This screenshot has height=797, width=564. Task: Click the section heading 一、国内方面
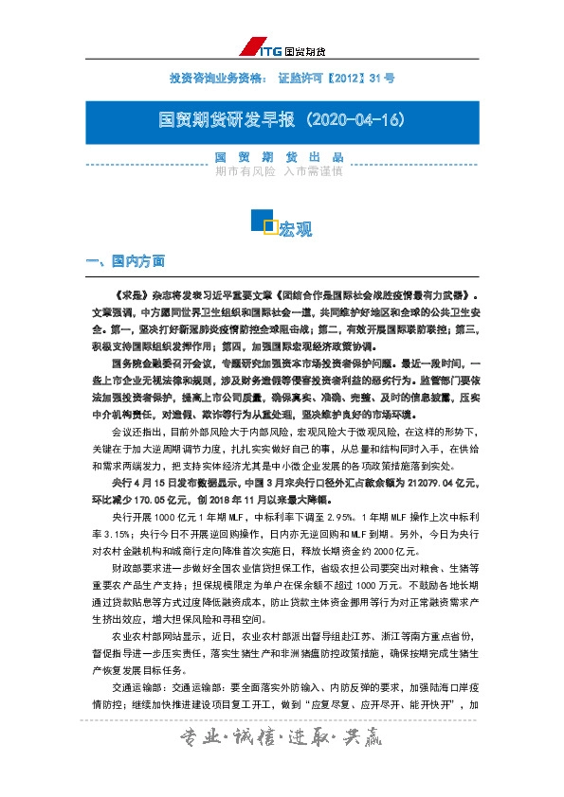point(125,260)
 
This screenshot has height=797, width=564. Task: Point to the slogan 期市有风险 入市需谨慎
point(279,172)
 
